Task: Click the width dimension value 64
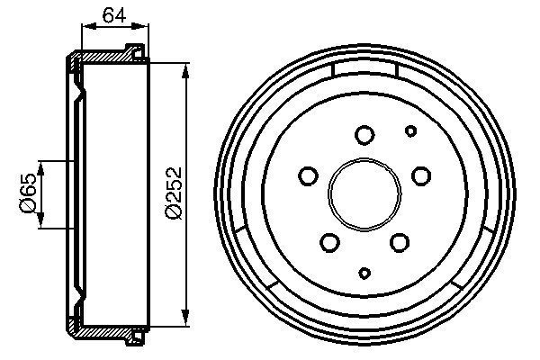tap(112, 14)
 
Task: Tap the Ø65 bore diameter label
tap(28, 193)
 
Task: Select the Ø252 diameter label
tap(175, 191)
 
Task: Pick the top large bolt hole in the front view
tap(364, 135)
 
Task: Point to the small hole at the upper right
tap(410, 131)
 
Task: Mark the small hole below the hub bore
tap(364, 273)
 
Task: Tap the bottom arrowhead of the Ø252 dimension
tap(186, 315)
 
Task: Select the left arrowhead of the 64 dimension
tap(86, 29)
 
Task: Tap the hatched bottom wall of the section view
tap(108, 328)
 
